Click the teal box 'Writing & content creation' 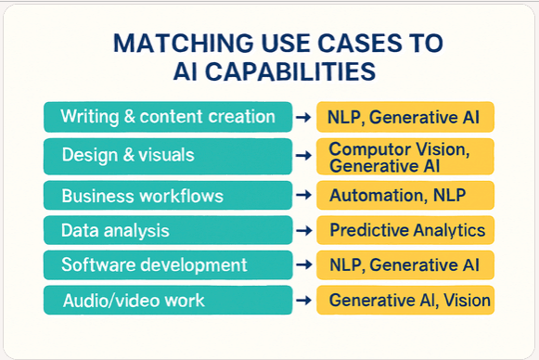click(167, 117)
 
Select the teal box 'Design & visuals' click(167, 156)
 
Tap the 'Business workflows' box click(167, 196)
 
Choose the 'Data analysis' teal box click(167, 230)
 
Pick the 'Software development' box click(167, 265)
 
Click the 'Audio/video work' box click(167, 301)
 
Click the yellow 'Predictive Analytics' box click(405, 230)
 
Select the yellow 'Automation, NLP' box click(405, 196)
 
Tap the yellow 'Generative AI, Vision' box click(405, 301)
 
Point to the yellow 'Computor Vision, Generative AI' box click(405, 156)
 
